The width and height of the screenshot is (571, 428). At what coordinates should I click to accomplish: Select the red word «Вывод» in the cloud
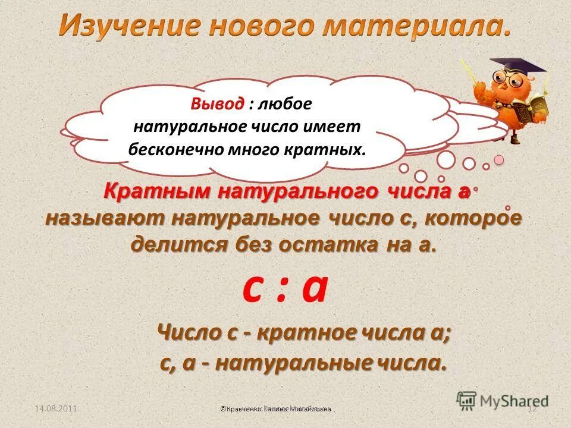coord(217,104)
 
